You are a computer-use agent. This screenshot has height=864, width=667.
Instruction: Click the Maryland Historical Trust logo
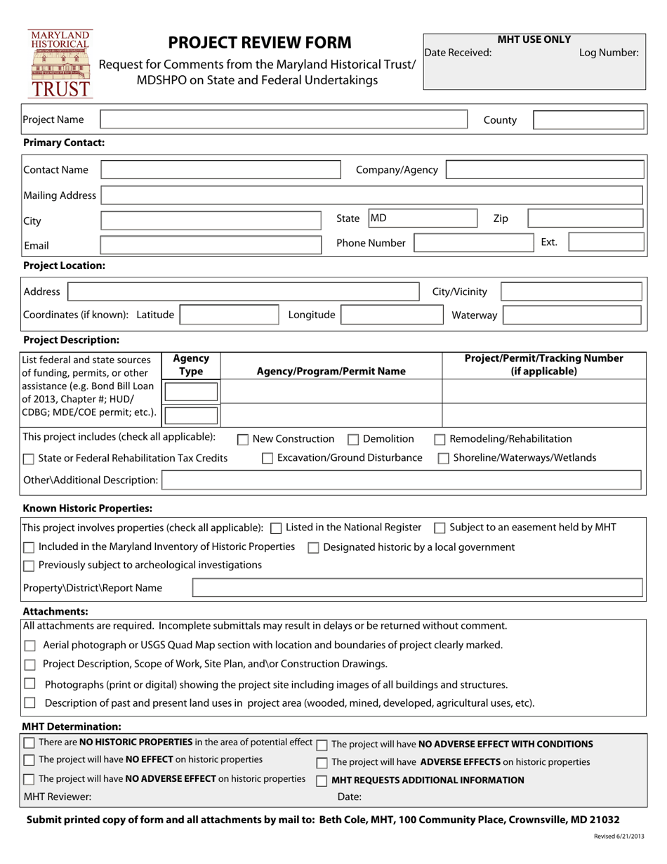pyautogui.click(x=60, y=63)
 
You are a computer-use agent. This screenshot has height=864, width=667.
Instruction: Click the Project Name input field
pyautogui.click(x=284, y=119)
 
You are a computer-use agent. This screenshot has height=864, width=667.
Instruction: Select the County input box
pyautogui.click(x=588, y=120)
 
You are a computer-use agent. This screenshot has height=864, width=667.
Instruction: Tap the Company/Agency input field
pyautogui.click(x=544, y=170)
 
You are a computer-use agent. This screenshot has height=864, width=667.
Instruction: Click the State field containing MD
pyautogui.click(x=394, y=218)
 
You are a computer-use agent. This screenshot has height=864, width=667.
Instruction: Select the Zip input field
pyautogui.click(x=585, y=218)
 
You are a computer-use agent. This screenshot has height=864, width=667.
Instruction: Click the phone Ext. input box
pyautogui.click(x=605, y=243)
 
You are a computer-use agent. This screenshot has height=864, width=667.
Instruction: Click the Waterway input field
pyautogui.click(x=572, y=315)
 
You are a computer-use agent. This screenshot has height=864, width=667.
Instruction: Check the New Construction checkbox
pyautogui.click(x=243, y=440)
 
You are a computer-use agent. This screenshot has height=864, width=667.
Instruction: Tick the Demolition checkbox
pyautogui.click(x=354, y=440)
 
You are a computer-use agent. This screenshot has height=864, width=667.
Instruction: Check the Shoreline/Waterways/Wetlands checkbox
pyautogui.click(x=444, y=459)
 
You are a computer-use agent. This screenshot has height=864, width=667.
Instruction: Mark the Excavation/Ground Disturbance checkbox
pyautogui.click(x=268, y=459)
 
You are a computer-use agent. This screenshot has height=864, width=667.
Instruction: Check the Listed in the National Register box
pyautogui.click(x=276, y=528)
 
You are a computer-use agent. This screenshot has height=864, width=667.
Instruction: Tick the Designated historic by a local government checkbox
pyautogui.click(x=313, y=548)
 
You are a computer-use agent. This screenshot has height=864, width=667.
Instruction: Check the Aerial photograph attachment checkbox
pyautogui.click(x=29, y=646)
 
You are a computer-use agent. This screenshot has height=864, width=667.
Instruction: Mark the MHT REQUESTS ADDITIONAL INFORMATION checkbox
pyautogui.click(x=322, y=781)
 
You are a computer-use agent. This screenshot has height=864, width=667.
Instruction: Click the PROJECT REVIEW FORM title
pyautogui.click(x=260, y=42)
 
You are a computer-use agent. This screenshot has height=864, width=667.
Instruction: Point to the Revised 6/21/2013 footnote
pyautogui.click(x=618, y=837)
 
